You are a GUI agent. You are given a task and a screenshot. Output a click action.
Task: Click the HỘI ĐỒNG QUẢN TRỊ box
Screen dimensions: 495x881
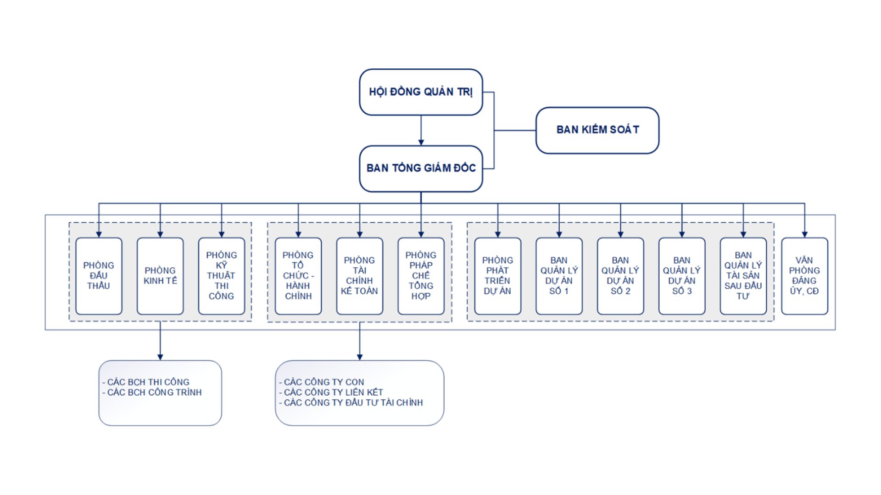(x=421, y=92)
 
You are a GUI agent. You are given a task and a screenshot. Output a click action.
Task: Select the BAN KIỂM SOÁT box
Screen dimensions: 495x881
(x=597, y=130)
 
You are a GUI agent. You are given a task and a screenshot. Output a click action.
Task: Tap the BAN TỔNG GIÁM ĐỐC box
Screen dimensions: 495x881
(x=421, y=168)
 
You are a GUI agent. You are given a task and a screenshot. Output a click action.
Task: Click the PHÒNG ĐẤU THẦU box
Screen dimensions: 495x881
(x=99, y=276)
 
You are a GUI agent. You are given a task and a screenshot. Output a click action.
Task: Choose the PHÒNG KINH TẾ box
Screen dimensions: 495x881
(x=160, y=276)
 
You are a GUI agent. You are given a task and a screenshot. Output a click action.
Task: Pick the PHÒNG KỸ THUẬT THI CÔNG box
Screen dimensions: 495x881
(x=222, y=276)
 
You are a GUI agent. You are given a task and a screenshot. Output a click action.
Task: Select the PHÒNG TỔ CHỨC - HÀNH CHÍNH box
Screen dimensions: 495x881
(x=298, y=276)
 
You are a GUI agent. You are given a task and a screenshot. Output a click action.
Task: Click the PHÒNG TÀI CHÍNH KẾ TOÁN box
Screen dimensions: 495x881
(x=359, y=276)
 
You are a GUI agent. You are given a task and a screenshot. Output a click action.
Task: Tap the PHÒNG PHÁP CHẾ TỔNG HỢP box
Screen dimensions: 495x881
(x=421, y=276)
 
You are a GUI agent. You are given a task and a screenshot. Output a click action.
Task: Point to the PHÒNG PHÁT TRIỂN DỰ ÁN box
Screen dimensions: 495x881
(x=497, y=276)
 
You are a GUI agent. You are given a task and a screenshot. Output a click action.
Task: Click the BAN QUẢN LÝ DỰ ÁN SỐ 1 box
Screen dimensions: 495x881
(x=559, y=276)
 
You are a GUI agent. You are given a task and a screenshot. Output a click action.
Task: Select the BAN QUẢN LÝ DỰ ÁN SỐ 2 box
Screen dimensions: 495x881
(x=620, y=276)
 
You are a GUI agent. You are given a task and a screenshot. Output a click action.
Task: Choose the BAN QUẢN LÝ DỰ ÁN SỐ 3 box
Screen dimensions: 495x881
(x=682, y=276)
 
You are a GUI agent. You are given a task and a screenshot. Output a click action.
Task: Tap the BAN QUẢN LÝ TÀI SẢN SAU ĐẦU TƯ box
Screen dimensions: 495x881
(x=743, y=276)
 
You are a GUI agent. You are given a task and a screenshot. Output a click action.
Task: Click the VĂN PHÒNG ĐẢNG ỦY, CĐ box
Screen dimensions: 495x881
(x=804, y=276)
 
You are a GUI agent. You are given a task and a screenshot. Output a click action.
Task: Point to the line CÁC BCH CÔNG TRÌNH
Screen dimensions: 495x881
(x=154, y=392)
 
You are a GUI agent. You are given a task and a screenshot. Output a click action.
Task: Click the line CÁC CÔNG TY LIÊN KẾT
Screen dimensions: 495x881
(x=333, y=392)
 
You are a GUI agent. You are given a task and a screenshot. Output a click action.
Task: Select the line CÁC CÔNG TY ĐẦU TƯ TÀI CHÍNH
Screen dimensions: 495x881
(x=353, y=403)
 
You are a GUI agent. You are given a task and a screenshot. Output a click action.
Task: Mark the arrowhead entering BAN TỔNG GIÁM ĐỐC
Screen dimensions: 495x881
(x=421, y=143)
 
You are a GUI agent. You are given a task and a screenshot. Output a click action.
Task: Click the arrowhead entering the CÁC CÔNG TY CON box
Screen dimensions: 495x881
(x=359, y=357)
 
